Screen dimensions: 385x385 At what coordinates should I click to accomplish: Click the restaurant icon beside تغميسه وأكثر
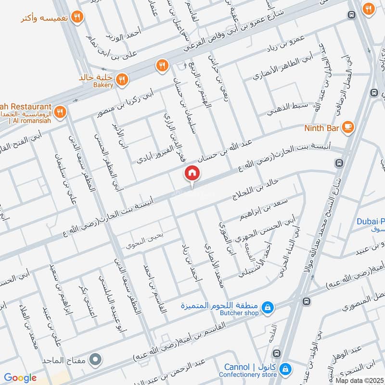coord(76,18)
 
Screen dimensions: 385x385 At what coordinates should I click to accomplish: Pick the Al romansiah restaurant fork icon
coord(60,112)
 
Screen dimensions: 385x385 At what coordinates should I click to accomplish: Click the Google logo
coord(20,378)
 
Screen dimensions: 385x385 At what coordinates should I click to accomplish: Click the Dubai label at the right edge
coord(370,221)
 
